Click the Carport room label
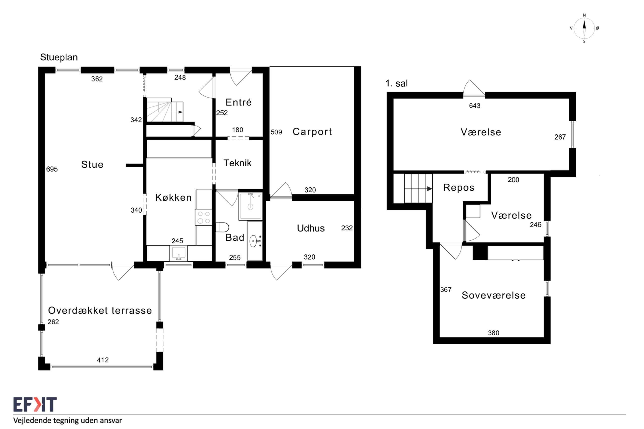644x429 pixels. [312, 132]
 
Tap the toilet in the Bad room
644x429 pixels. [222, 227]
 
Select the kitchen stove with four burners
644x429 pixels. [203, 217]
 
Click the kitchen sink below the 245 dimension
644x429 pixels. [178, 253]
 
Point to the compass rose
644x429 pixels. [584, 28]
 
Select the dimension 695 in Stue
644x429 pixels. [52, 169]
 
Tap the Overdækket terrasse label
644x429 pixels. [100, 310]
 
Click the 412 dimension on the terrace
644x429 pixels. [103, 360]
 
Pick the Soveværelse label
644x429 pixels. [493, 295]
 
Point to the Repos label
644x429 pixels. [458, 188]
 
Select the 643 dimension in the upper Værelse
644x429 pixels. [475, 106]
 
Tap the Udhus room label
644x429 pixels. [311, 228]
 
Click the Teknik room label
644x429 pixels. [237, 163]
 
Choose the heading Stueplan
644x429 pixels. [59, 57]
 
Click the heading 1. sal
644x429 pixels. [396, 83]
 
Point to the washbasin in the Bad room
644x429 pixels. [255, 241]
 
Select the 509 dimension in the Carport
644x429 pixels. [276, 132]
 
